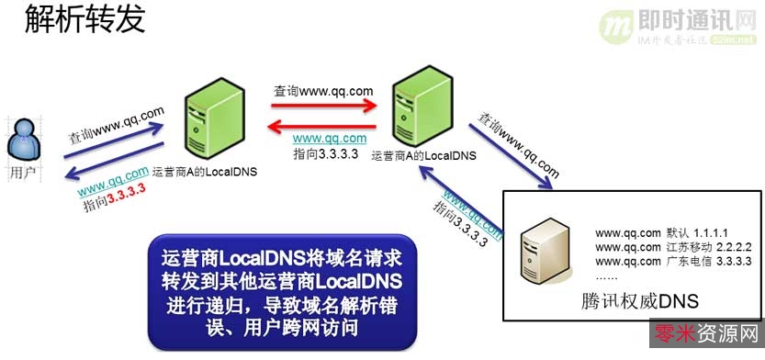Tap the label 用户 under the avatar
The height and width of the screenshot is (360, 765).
(28, 171)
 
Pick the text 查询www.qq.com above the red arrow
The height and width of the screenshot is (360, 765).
(323, 91)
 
